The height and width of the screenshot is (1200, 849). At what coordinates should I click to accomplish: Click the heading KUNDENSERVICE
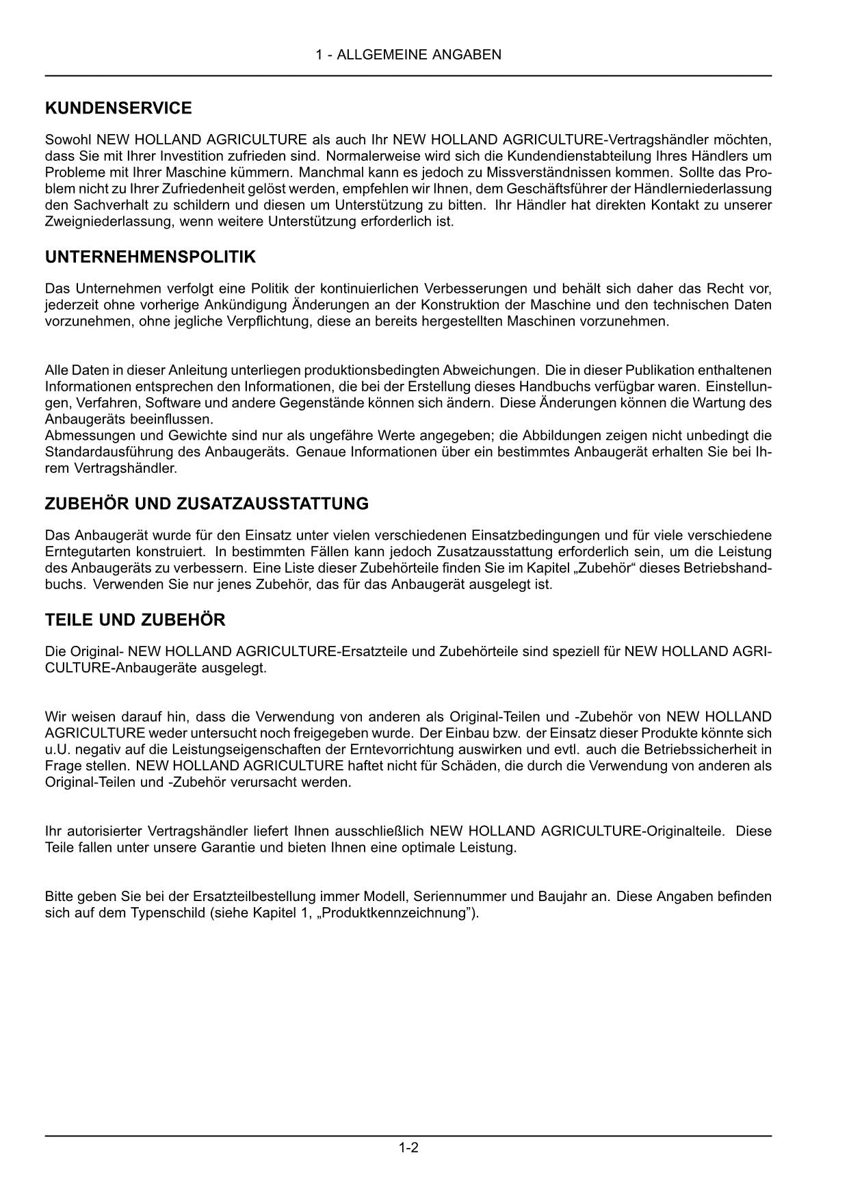[x=118, y=108]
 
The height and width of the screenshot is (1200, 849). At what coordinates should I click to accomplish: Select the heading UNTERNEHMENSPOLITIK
[x=151, y=257]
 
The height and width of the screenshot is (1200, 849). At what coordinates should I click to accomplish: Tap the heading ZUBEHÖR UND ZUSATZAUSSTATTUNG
[x=207, y=504]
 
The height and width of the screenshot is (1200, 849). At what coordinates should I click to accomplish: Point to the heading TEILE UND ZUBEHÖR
[x=135, y=620]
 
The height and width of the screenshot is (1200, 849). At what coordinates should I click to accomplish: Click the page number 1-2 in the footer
[x=408, y=1147]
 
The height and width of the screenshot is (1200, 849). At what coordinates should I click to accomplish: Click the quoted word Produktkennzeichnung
[x=396, y=913]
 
